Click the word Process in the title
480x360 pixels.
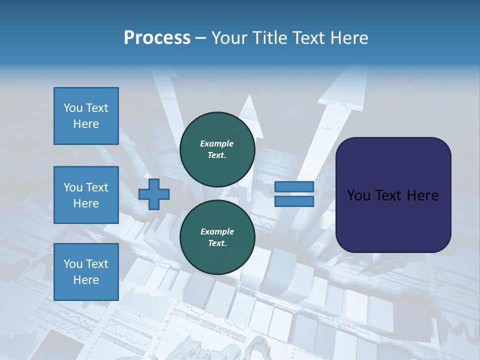tap(157, 38)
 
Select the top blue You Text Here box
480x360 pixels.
tap(86, 116)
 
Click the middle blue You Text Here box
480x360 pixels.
tap(86, 195)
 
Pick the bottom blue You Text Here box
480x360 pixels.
tap(86, 272)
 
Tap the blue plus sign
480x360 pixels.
tap(154, 194)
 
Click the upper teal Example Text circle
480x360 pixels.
tap(217, 149)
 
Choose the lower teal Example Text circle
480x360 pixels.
tap(217, 237)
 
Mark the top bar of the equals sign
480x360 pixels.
tap(294, 187)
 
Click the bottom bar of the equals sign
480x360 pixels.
tap(294, 201)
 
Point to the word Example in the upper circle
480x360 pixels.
tap(217, 143)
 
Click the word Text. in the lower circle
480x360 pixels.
tap(217, 243)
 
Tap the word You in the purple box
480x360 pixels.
tap(358, 195)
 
